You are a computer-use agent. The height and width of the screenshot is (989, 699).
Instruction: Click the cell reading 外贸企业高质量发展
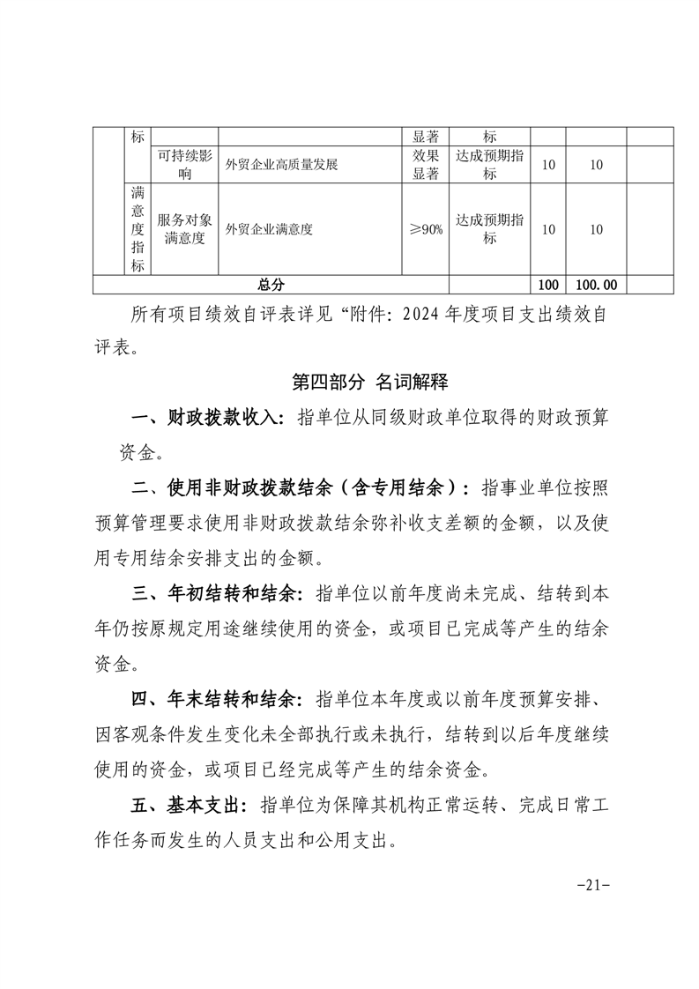click(282, 164)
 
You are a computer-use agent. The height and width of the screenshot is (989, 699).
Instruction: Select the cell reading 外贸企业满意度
click(269, 229)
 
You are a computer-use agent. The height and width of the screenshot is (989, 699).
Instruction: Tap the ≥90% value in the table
click(426, 229)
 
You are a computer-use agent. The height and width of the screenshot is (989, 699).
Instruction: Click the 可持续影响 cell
click(184, 164)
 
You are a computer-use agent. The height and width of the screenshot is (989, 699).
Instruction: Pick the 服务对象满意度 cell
click(184, 229)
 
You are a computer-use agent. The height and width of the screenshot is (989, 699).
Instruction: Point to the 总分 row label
click(271, 284)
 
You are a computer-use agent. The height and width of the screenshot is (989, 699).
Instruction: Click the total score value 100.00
click(596, 284)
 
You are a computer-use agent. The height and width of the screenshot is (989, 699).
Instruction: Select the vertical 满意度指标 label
click(138, 229)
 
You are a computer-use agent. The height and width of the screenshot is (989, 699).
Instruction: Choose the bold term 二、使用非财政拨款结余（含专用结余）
click(301, 487)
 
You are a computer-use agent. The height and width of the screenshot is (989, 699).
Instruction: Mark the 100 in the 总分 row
click(547, 284)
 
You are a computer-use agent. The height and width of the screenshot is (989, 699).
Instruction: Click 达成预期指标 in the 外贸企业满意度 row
click(489, 229)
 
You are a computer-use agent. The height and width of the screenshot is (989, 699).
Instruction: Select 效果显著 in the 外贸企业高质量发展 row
click(426, 164)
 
